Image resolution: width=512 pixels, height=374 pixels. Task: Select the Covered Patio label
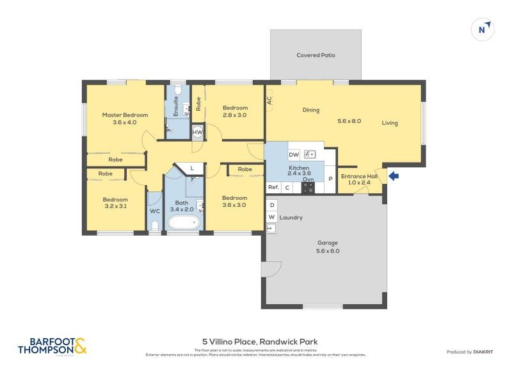316,55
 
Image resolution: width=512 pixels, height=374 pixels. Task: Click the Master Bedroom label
125,118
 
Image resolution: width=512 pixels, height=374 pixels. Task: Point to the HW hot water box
198,133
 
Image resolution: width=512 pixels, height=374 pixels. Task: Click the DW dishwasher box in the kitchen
294,154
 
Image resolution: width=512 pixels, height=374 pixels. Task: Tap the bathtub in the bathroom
184,223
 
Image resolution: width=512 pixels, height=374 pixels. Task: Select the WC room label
154,211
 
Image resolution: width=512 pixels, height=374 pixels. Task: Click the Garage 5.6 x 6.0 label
328,247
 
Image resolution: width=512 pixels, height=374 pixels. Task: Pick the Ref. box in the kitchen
273,187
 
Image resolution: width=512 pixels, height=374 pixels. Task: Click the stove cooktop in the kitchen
308,188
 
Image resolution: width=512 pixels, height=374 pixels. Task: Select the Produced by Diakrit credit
473,352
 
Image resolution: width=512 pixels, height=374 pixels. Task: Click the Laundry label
290,218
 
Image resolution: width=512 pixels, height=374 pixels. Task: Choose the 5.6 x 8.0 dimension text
349,120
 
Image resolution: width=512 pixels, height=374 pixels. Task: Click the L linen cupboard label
193,168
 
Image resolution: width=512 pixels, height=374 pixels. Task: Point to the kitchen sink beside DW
310,154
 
